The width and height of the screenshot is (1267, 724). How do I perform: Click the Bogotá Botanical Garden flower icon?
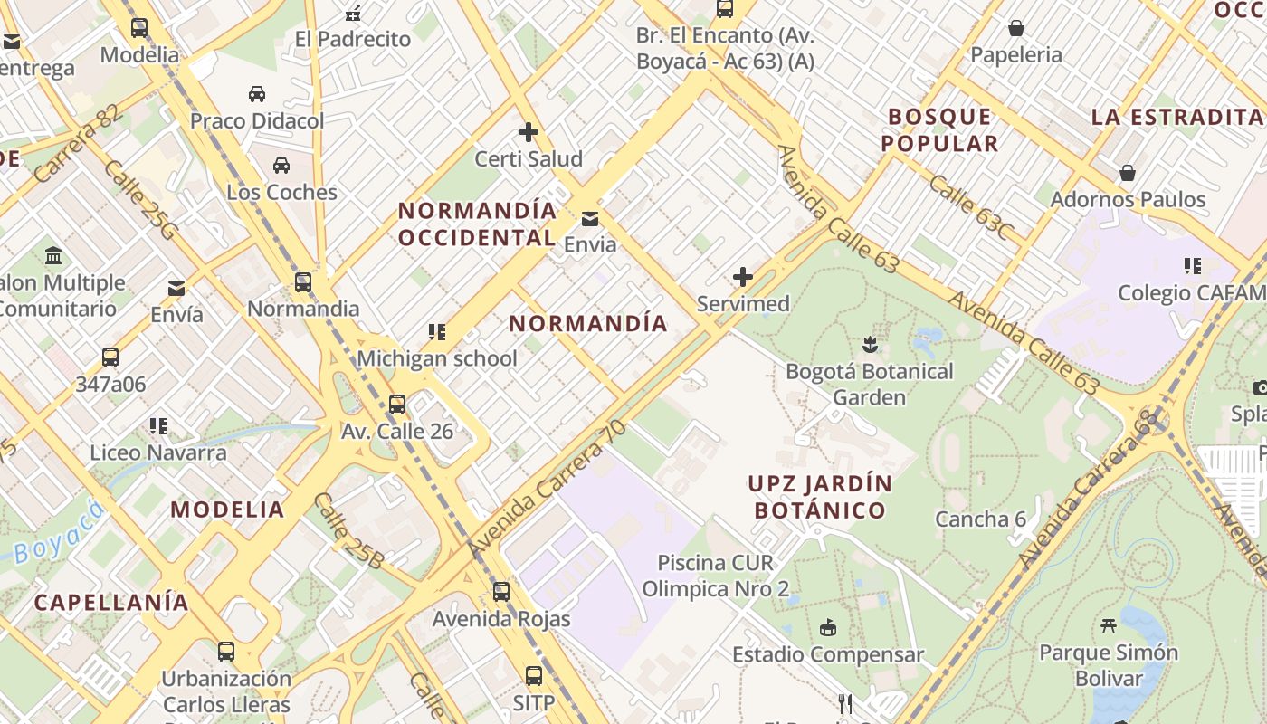tap(870, 344)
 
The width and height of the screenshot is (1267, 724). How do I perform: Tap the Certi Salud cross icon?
tap(529, 132)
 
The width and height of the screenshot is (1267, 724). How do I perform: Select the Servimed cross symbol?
tap(743, 277)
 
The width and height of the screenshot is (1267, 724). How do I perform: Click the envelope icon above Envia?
tap(590, 218)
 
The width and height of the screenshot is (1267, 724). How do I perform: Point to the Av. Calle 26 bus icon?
tap(397, 405)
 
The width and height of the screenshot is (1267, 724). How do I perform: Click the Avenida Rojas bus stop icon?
tap(501, 592)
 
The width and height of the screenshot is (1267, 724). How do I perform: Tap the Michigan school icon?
tap(437, 332)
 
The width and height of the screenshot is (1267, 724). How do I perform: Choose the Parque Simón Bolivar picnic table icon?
tap(1109, 625)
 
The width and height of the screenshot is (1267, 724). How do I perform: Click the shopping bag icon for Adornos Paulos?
tap(1128, 172)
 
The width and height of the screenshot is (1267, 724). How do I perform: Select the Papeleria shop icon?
tap(1016, 28)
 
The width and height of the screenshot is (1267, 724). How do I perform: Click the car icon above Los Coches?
tap(281, 166)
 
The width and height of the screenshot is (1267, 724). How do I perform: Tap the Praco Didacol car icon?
tap(257, 94)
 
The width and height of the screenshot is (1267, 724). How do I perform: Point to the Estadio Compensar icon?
tap(827, 627)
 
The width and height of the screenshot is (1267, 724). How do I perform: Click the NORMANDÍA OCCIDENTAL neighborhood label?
tap(477, 224)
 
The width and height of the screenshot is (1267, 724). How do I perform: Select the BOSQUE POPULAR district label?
tap(939, 129)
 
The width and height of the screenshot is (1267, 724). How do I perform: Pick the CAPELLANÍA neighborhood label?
tap(112, 602)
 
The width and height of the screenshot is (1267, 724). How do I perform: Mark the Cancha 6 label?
tap(980, 519)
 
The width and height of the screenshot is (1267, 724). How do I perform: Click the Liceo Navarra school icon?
tap(158, 425)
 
